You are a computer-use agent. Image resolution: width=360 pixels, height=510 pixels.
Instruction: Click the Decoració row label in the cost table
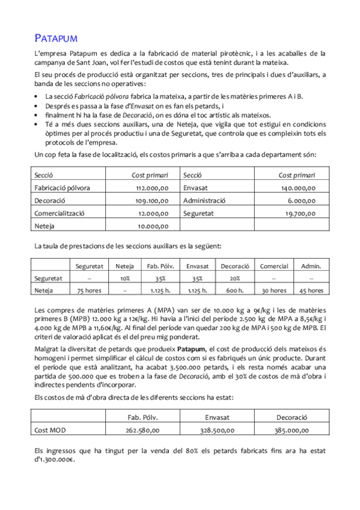point(50,200)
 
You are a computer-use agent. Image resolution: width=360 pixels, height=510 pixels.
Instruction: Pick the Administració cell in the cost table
point(204,200)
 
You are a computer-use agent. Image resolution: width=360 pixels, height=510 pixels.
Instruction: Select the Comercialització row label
point(59,213)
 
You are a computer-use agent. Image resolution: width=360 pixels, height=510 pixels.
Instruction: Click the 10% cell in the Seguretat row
point(124,278)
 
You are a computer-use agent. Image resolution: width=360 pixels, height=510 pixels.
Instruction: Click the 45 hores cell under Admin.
point(311,290)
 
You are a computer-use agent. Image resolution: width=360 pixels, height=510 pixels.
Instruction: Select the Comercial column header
point(274,266)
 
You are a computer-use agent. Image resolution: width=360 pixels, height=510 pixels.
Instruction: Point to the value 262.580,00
point(143,430)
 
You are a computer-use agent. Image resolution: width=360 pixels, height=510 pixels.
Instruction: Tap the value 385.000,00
point(292,430)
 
